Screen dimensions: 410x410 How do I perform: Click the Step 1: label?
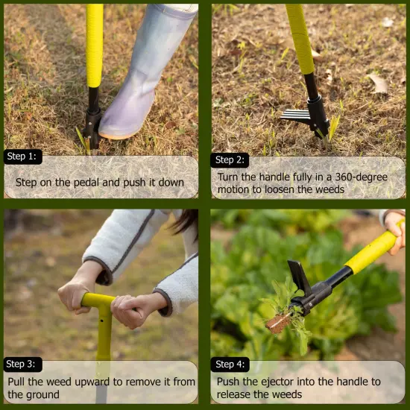coord(23,157)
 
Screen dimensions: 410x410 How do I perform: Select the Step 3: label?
coord(23,365)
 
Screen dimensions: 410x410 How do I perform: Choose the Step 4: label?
coord(230,365)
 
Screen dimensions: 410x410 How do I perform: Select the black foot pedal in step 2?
coord(298,115)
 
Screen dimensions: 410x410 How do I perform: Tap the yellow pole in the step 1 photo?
coord(95,45)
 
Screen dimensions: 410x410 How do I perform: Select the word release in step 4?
coord(238,394)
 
